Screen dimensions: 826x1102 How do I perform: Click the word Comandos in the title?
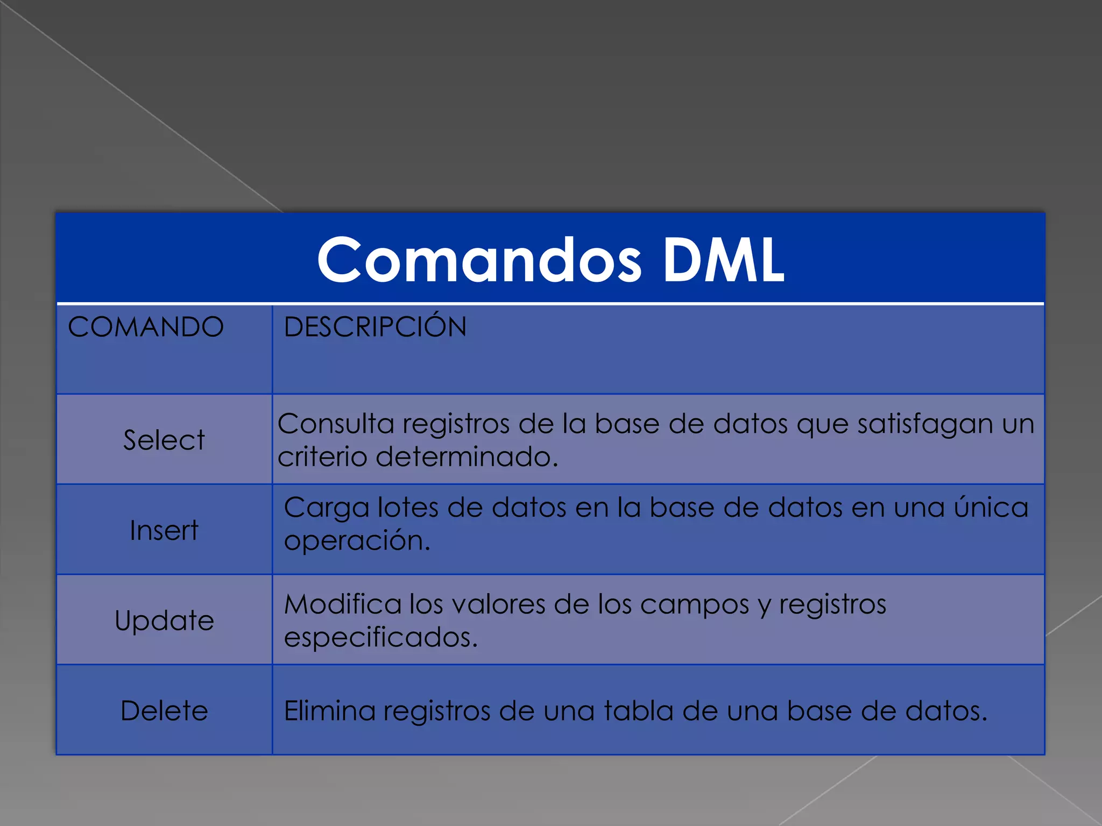pos(479,260)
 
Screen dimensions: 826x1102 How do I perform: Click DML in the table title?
pos(723,260)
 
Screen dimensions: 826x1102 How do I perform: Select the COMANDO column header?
pos(146,327)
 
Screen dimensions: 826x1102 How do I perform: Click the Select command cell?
pos(164,440)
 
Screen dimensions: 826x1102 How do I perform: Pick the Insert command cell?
pos(164,530)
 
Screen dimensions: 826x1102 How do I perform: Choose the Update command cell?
pos(164,621)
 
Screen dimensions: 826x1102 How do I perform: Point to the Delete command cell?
pos(164,711)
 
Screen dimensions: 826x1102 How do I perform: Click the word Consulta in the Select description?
pos(336,424)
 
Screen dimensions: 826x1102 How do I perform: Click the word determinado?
pos(467,457)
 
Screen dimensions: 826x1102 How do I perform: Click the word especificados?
pos(380,638)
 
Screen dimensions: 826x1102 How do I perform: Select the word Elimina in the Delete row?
pos(329,711)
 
